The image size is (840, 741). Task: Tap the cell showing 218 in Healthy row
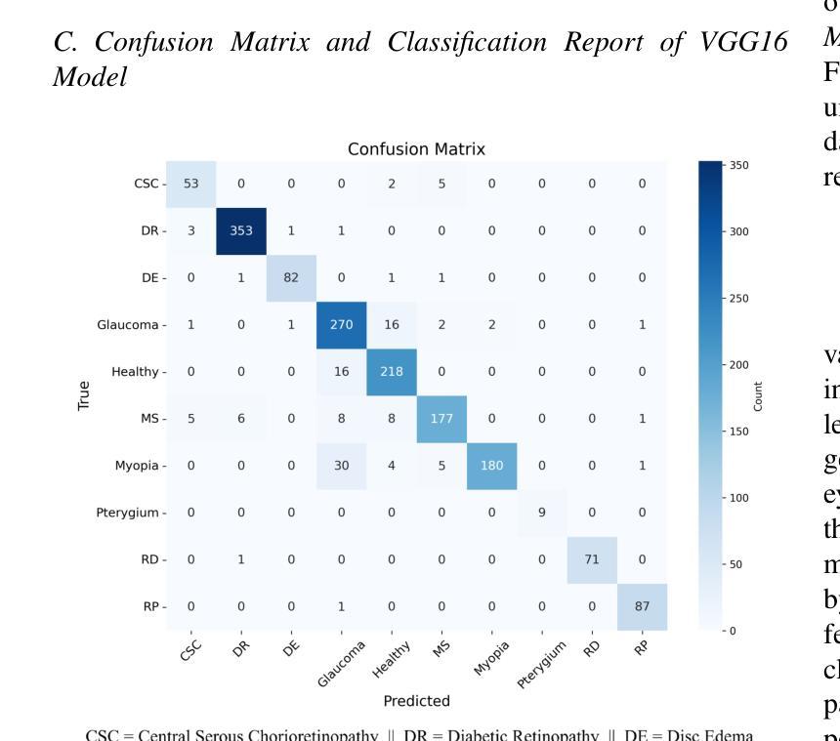coord(392,372)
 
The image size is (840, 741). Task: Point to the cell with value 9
coord(542,513)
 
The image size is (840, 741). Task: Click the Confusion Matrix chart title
coord(416,149)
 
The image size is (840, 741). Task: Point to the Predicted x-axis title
coord(416,701)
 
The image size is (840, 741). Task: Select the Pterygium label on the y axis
coord(125,513)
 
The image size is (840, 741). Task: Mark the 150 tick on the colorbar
coord(738,431)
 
